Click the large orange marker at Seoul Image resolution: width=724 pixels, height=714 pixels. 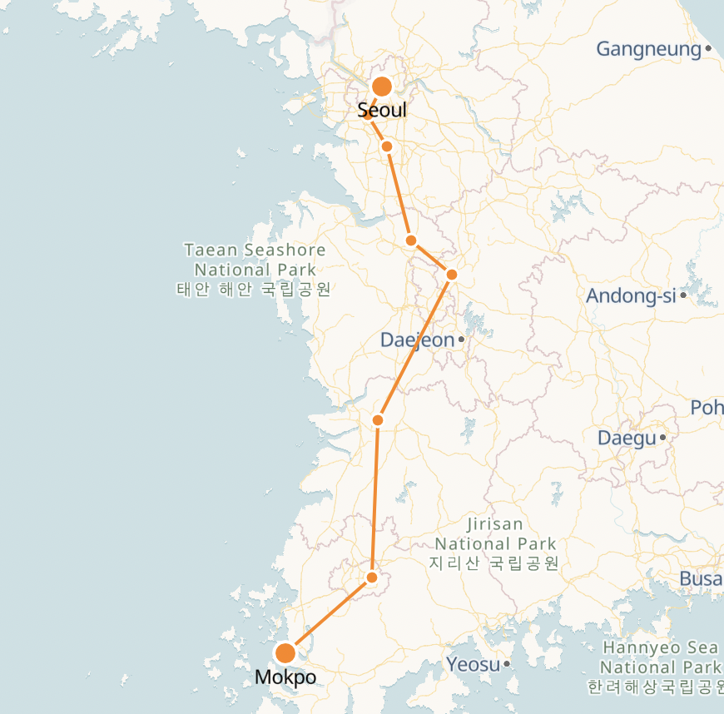click(382, 87)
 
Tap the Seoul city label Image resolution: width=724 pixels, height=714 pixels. click(382, 110)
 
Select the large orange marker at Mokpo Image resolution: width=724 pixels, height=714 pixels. click(285, 653)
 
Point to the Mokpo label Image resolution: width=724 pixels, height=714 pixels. click(285, 677)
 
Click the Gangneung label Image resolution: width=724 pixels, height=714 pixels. click(649, 49)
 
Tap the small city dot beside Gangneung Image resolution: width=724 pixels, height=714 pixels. click(708, 49)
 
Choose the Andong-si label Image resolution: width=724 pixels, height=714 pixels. click(631, 295)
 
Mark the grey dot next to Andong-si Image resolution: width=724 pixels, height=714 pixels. click(683, 295)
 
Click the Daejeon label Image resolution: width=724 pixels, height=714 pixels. click(418, 340)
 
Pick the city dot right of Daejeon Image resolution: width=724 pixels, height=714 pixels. click(461, 340)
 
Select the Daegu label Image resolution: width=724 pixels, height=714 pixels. click(627, 438)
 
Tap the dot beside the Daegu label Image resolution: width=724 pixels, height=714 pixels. click(663, 437)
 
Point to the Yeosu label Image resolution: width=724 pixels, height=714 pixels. click(473, 664)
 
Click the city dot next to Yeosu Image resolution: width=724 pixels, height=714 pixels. click(506, 664)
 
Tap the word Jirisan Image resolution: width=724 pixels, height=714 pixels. click(495, 524)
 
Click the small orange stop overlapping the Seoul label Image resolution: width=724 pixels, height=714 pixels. click(368, 114)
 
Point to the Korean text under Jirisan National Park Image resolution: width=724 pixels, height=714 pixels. click(494, 563)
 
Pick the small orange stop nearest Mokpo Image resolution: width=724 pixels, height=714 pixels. click(372, 578)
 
